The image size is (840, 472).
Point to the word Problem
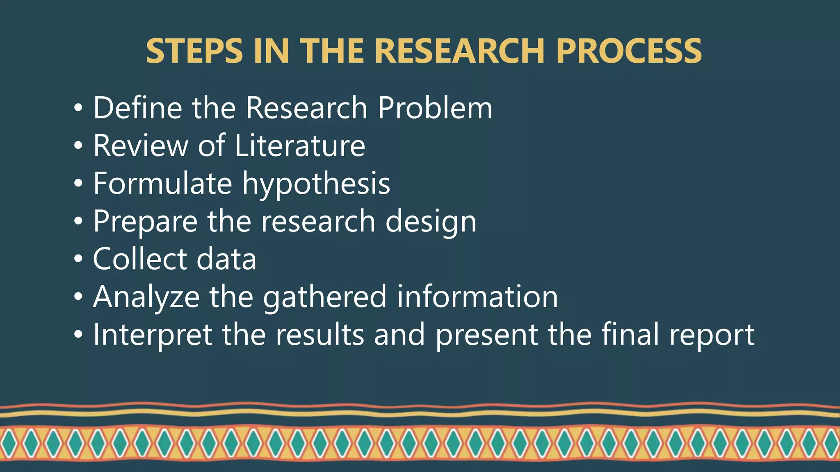point(435,108)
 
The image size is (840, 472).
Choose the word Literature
point(300,145)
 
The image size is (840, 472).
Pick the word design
point(431,222)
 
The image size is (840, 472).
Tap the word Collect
point(140,259)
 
